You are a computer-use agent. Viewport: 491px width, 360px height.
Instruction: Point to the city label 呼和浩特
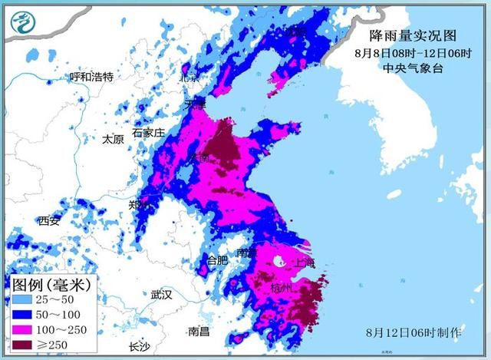click(x=91, y=77)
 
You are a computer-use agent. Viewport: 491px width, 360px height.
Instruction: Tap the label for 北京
click(x=189, y=77)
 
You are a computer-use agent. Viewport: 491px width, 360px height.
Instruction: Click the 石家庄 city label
click(x=148, y=133)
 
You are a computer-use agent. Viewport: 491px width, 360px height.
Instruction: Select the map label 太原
click(x=113, y=139)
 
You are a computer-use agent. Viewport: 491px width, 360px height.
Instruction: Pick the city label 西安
click(x=49, y=221)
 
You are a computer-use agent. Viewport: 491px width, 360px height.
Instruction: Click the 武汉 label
click(x=162, y=294)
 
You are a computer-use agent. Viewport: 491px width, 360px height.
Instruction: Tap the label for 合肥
click(x=218, y=261)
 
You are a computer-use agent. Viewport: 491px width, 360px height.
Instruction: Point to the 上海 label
click(x=304, y=263)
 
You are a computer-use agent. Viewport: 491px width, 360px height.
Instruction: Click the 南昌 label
click(x=199, y=332)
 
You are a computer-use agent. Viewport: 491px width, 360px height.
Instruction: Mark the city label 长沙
click(x=140, y=345)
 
